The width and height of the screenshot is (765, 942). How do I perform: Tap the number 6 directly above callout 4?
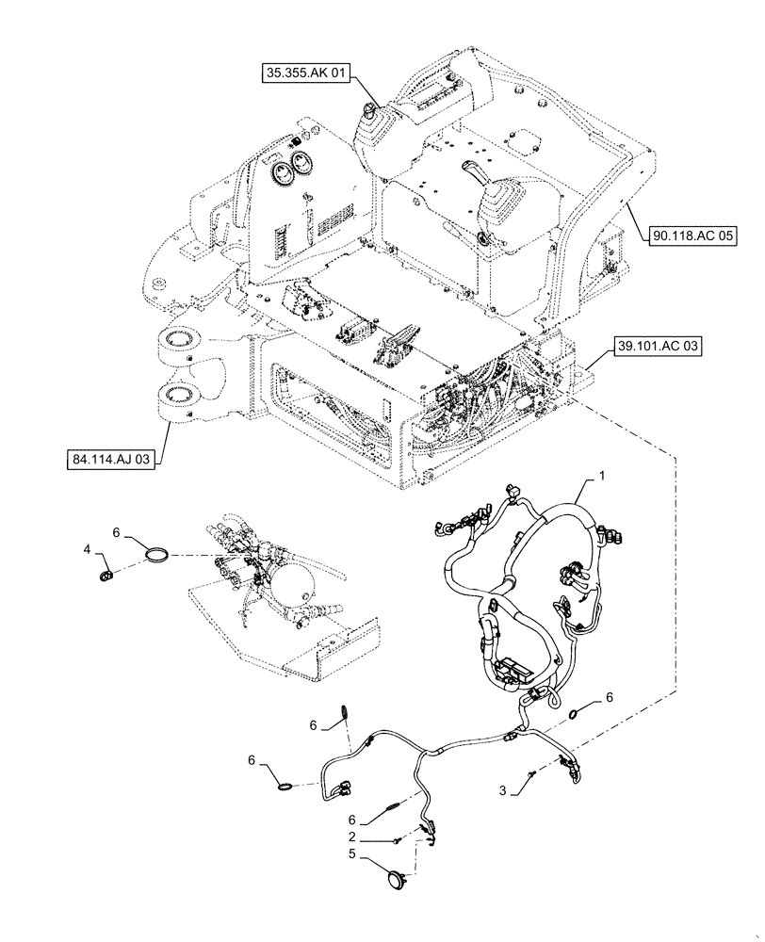click(116, 532)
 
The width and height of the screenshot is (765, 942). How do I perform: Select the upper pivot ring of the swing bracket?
click(179, 339)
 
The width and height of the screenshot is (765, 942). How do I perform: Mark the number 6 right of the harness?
click(610, 697)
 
